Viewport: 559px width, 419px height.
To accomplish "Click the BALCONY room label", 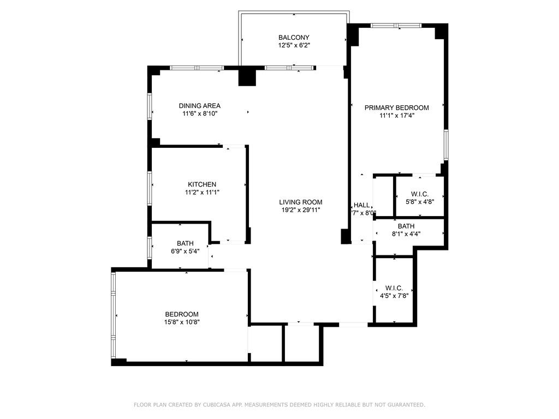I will [x=294, y=38].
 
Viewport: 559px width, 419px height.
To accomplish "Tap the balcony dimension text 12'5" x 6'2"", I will [x=294, y=46].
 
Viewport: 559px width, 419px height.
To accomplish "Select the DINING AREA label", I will [x=200, y=106].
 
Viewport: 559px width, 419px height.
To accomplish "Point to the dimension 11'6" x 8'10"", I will [x=200, y=114].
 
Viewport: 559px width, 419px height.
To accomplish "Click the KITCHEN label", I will [x=202, y=184].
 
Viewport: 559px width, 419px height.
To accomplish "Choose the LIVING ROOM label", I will [x=301, y=201].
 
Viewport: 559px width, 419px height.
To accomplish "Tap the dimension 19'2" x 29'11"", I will [x=301, y=209].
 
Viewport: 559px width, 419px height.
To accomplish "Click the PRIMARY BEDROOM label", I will [x=397, y=107].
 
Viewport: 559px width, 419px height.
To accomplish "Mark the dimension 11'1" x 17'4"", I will [x=397, y=116].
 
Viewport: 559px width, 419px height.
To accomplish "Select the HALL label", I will [x=361, y=205].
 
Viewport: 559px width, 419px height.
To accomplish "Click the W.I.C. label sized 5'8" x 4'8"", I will [x=419, y=194].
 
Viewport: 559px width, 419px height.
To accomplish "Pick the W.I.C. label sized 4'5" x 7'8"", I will [x=394, y=288].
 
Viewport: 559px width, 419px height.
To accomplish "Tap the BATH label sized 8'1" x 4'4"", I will [x=406, y=226].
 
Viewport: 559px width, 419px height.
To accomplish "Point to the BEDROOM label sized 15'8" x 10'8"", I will [x=182, y=314].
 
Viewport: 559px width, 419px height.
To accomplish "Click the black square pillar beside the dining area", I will [x=247, y=76].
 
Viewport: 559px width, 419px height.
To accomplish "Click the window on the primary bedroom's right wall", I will [x=446, y=145].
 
